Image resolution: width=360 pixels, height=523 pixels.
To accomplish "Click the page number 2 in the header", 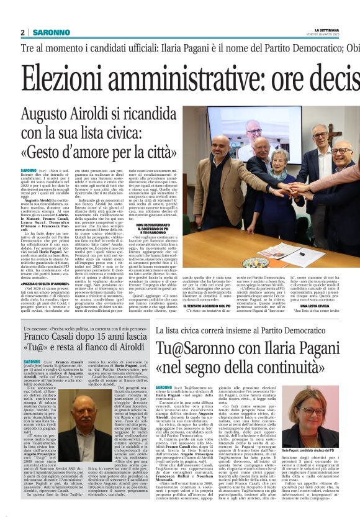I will tap(22, 32).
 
